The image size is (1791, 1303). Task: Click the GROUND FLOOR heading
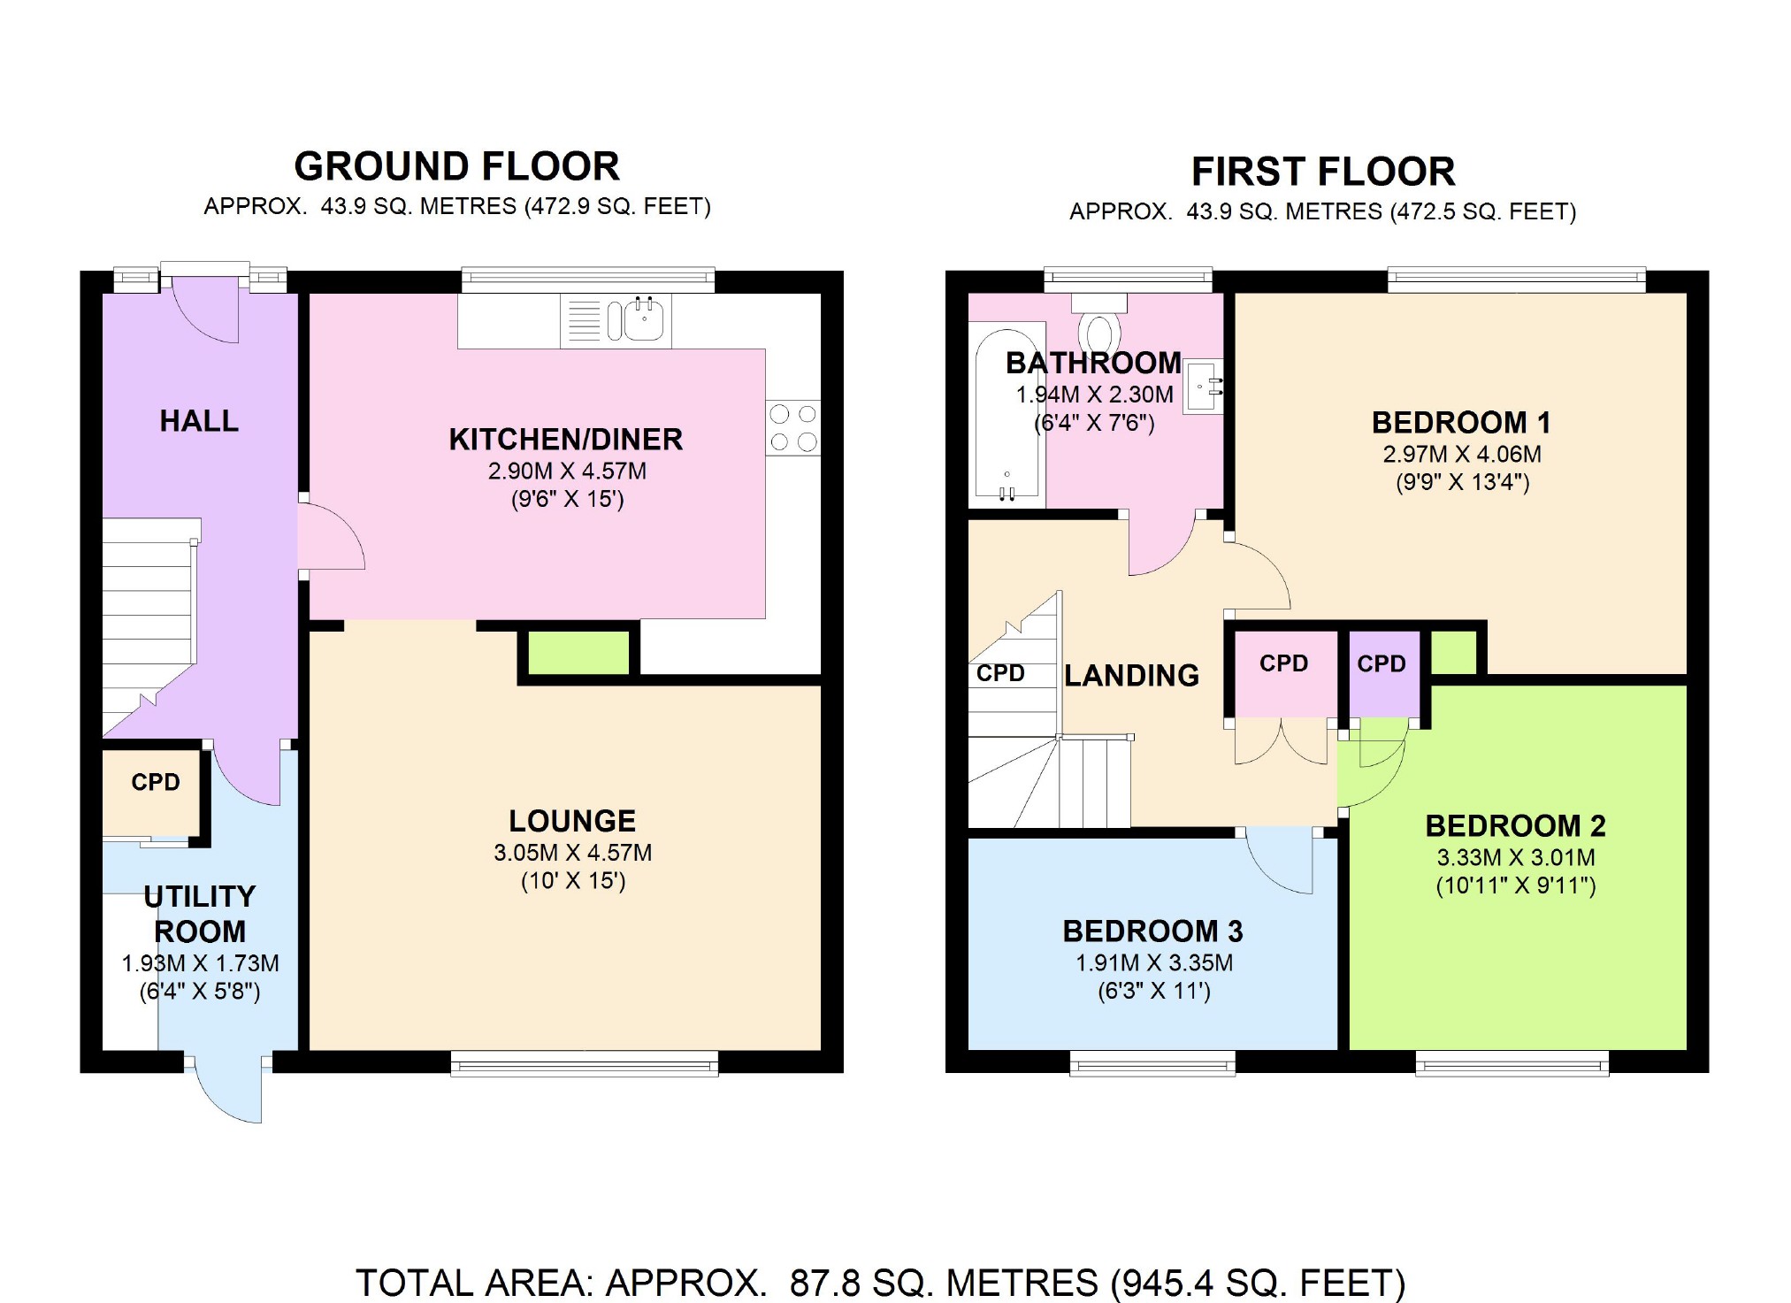(x=457, y=166)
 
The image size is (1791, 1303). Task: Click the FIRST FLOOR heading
(x=1323, y=172)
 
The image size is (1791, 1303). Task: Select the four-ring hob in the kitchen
(x=793, y=428)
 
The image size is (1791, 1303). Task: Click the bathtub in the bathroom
(x=1007, y=414)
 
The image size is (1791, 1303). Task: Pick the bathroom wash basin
(x=1204, y=386)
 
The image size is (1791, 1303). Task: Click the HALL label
(x=199, y=421)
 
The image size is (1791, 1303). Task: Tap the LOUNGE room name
(x=572, y=821)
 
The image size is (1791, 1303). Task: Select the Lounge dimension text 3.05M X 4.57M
(x=573, y=853)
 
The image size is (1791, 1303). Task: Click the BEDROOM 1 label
(x=1461, y=423)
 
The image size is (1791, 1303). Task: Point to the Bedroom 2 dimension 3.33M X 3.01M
(x=1516, y=857)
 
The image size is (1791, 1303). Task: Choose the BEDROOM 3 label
(x=1152, y=931)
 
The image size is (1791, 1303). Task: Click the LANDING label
(x=1131, y=676)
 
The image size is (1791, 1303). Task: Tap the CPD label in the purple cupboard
(x=1382, y=663)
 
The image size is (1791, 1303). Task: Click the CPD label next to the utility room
(x=156, y=782)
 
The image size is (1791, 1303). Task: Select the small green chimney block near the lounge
(x=578, y=653)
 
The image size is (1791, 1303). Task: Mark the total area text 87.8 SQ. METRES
(x=944, y=1283)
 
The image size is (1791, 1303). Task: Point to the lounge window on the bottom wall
(x=585, y=1062)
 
